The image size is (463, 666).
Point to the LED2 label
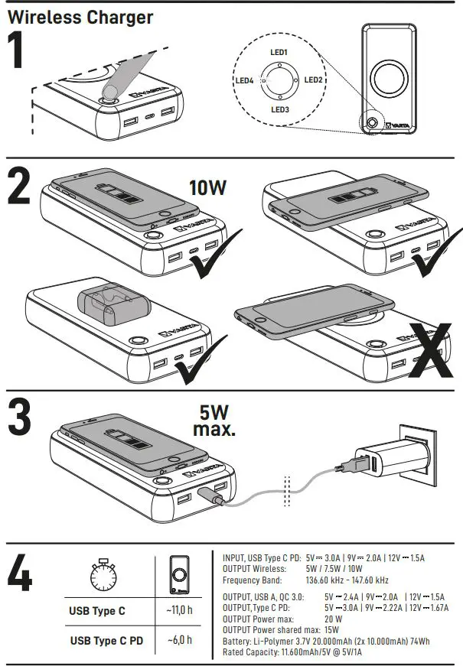coord(314,80)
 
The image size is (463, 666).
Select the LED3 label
coord(279,109)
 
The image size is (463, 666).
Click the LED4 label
coord(243,80)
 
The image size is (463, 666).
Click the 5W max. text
coord(214,420)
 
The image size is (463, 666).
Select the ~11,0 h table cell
coord(179,611)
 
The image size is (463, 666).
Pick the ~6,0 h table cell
coord(179,639)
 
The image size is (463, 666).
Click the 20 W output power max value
coord(333,619)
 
